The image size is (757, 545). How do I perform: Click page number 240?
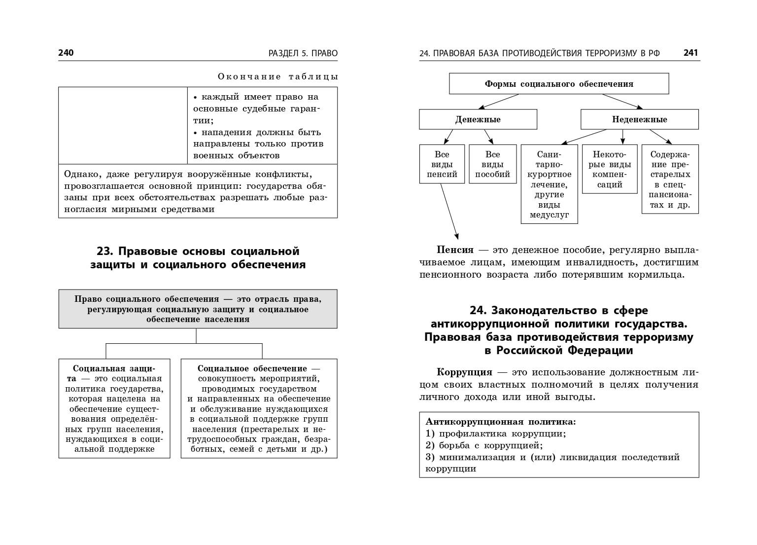pos(66,53)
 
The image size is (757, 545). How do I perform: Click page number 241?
pos(690,53)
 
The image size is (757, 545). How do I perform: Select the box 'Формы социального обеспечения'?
pos(559,84)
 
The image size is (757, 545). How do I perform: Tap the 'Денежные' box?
pos(478,119)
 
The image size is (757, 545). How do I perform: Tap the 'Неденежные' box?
pos(639,119)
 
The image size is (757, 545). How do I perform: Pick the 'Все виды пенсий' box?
pos(442,164)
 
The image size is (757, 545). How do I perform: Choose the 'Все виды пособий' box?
pos(492,164)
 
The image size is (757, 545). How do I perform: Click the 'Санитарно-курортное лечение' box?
pos(549,184)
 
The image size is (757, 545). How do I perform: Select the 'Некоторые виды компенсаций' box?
pos(610,169)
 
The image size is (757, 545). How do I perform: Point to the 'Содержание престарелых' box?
pos(670,179)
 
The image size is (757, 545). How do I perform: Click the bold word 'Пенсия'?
pos(455,250)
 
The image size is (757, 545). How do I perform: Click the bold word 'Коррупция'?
pos(464,372)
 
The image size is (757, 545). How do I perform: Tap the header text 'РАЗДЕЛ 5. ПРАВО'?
pos(303,53)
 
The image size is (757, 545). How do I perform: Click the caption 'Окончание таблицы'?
pos(277,76)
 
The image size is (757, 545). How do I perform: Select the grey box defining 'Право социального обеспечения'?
pos(198,309)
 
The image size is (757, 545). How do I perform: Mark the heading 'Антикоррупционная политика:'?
pos(501,422)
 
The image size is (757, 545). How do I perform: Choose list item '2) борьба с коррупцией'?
pos(484,445)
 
